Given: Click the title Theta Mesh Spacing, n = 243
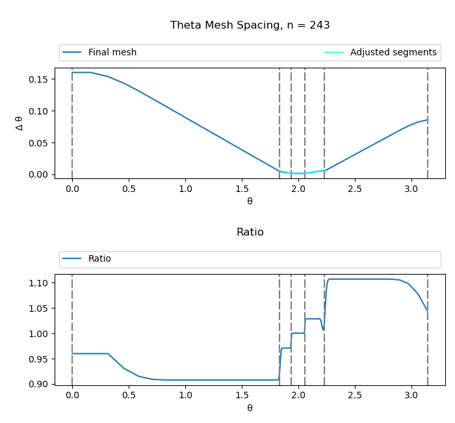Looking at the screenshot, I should (250, 25).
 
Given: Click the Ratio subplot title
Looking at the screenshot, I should (250, 232).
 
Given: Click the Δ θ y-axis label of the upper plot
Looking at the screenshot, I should (19, 123).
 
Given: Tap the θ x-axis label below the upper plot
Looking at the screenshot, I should (250, 201).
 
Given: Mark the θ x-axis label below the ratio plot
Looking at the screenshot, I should (250, 408).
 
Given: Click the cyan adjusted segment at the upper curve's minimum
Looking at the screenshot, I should (298, 173).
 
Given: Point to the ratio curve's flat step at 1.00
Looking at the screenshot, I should (298, 333).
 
